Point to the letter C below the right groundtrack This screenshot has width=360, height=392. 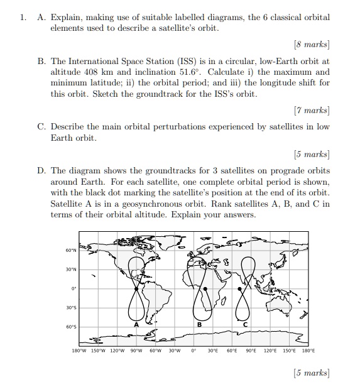pyautogui.click(x=246, y=324)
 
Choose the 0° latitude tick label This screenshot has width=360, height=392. pyautogui.click(x=73, y=289)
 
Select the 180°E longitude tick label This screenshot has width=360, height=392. pyautogui.click(x=308, y=351)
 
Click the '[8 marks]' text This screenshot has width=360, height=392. pyautogui.click(x=311, y=45)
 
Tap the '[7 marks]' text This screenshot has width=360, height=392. pyautogui.click(x=311, y=111)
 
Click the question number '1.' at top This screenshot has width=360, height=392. pyautogui.click(x=23, y=18)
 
